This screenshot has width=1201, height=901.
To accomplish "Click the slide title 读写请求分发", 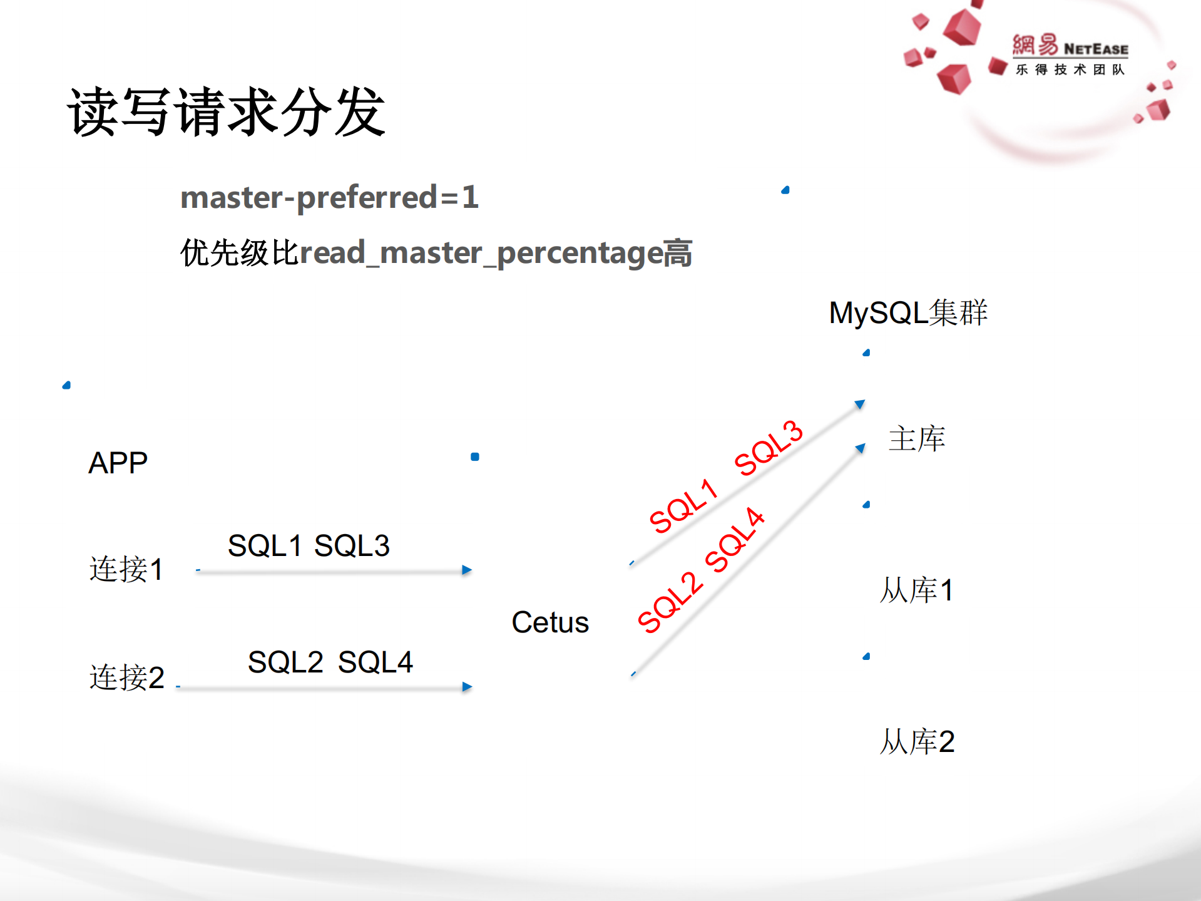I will [226, 112].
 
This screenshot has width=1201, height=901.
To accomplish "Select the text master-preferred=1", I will [329, 197].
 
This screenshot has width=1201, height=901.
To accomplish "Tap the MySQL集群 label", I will [907, 312].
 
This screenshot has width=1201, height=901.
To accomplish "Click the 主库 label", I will [916, 438].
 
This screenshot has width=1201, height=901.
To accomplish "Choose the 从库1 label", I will [916, 590].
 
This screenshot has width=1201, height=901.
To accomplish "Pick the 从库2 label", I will [917, 741].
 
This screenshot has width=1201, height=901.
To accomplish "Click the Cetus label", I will [550, 622].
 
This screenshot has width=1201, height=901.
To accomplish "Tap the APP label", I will [118, 463].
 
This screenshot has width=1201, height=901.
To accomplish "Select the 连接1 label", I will [126, 569].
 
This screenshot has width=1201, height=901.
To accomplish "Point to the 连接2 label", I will [126, 677].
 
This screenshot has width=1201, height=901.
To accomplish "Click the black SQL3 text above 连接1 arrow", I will [352, 545].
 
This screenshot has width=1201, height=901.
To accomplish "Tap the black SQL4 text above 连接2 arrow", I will [376, 662].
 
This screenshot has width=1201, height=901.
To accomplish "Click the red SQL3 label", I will [769, 448].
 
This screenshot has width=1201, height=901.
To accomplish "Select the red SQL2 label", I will [670, 602].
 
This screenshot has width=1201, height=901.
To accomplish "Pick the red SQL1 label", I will [683, 506].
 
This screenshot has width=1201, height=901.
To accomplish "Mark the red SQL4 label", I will [735, 540].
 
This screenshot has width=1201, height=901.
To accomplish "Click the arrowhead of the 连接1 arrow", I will [467, 570].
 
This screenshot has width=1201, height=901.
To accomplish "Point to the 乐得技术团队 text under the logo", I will [1070, 70].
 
